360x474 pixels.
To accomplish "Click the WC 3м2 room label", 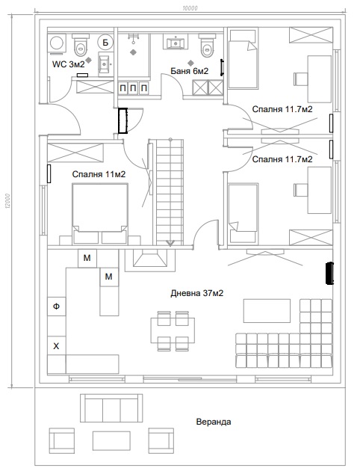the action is point(68,64).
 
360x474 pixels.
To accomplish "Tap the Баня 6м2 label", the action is point(190,71).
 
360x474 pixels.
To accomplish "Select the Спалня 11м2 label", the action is point(99,174).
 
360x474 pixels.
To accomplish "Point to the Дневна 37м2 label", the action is point(197,293).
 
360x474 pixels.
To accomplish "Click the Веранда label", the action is point(214,422).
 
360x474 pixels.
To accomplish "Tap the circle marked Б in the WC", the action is point(105,42).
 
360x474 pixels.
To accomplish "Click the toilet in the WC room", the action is point(81,45).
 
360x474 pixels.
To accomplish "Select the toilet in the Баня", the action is point(207,46).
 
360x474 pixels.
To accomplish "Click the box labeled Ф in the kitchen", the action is point(57,307).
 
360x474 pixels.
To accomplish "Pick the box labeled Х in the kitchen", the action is point(57,346).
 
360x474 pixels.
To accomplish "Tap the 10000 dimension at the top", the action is point(190,8).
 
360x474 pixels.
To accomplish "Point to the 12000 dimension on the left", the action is point(7,201).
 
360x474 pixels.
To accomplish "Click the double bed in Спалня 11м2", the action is point(99,213).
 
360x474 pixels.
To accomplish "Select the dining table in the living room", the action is point(173,330).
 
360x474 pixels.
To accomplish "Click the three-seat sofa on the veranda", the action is point(111,408).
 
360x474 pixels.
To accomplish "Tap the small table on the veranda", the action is point(111,441).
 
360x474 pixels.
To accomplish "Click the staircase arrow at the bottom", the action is point(170,243).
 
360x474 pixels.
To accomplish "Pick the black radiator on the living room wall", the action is point(329,274).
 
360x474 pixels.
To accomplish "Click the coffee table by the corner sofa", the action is point(267,311).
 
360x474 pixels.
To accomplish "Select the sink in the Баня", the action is point(175,42).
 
